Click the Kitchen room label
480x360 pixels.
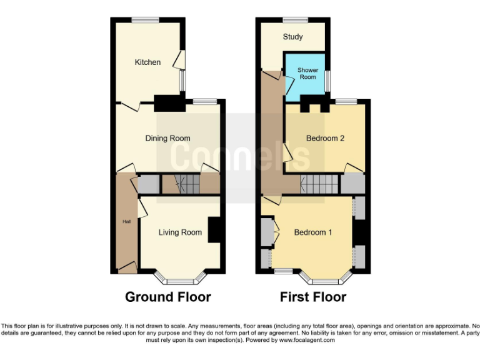[x=147, y=62]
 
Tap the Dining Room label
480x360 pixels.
[x=167, y=138]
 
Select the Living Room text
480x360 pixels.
[x=180, y=232]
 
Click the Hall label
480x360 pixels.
[x=126, y=221]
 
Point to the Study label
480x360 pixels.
[x=292, y=37]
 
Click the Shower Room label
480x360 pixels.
[x=307, y=74]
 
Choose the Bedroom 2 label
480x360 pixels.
[x=325, y=138]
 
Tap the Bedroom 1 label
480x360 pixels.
[x=313, y=232]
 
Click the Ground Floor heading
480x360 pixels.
[x=167, y=297]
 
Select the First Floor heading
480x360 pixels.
[x=313, y=297]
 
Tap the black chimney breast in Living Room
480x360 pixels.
[x=215, y=229]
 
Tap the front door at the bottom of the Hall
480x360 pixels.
[x=127, y=269]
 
